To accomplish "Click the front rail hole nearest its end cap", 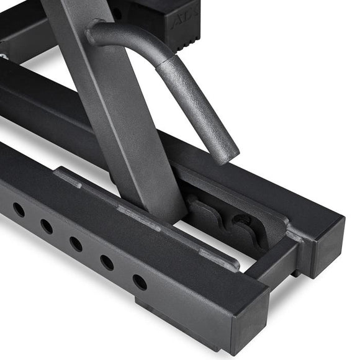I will [x=140, y=282].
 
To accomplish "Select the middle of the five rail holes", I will [x=76, y=244].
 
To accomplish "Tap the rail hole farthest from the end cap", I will [x=19, y=210].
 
